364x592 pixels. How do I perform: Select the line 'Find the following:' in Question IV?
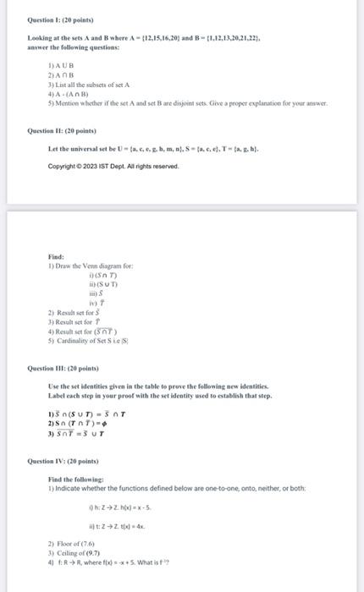(71, 479)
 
